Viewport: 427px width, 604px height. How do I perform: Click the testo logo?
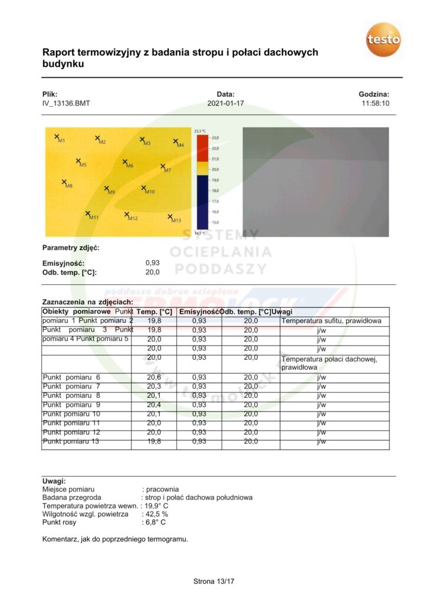pos(383,39)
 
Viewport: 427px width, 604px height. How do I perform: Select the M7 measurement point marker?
pos(163,166)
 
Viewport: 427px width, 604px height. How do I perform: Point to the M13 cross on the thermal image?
pos(170,216)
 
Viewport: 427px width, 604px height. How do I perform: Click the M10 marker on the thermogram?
pos(144,188)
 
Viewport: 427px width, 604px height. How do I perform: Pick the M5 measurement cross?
pos(78,160)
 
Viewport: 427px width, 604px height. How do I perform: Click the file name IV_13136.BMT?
pos(66,103)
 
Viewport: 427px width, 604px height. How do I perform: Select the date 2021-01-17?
pos(225,103)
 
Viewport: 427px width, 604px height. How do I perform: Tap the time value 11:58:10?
pos(375,103)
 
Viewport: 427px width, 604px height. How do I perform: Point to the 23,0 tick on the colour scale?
pos(215,137)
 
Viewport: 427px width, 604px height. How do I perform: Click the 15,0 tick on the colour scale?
pos(215,222)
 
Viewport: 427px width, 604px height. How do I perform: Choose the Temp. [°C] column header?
pos(154,311)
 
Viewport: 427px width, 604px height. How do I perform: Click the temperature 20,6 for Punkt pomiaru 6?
pos(154,377)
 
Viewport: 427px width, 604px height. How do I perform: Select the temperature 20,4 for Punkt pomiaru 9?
pos(154,405)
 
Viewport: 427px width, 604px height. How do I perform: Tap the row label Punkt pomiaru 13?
pos(71,441)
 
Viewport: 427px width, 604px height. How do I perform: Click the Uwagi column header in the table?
pos(282,311)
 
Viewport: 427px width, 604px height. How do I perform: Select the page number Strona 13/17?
pos(213,582)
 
